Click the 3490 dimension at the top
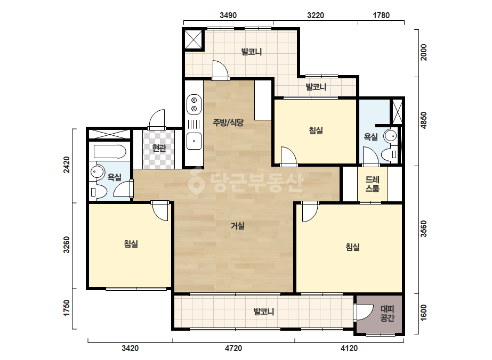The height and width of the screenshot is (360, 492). coord(228,15)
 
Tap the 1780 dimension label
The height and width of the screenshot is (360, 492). coord(381,15)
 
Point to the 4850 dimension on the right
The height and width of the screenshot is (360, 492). coord(423,120)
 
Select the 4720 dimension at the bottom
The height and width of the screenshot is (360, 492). coord(234,348)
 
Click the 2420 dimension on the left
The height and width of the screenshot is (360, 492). coord(67,165)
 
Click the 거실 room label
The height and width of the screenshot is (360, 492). coord(238,226)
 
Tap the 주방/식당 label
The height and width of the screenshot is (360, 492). coord(228,122)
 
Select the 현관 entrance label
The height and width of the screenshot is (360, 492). coord(159,148)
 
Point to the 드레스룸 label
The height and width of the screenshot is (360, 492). coord(373,184)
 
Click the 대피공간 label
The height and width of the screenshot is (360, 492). coord(387,314)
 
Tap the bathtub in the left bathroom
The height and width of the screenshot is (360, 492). coord(110,152)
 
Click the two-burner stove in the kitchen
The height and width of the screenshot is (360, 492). coord(194,104)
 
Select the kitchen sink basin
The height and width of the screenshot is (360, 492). coord(194,141)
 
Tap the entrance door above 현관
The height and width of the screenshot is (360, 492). coord(157,119)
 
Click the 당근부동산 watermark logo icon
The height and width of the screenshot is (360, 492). coord(196,181)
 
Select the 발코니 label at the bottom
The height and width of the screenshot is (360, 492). coord(263,312)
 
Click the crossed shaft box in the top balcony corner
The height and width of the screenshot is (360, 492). coord(193,40)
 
